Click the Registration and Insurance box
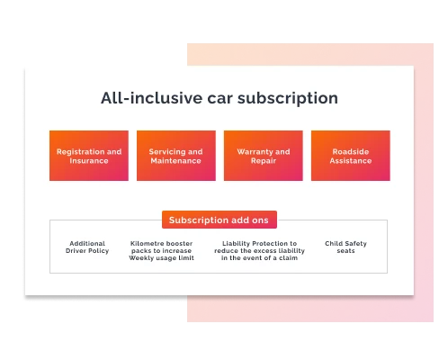click(x=89, y=156)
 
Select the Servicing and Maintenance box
click(x=175, y=156)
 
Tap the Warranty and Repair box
click(x=263, y=156)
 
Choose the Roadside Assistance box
click(x=350, y=156)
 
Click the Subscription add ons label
click(x=219, y=220)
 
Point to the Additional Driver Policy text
click(x=87, y=247)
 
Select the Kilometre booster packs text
click(x=161, y=250)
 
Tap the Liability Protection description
click(x=259, y=250)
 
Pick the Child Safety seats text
click(x=345, y=247)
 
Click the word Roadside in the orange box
click(x=350, y=152)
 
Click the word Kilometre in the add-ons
click(x=147, y=243)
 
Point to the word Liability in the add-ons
click(x=236, y=243)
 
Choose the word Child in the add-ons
click(x=335, y=243)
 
